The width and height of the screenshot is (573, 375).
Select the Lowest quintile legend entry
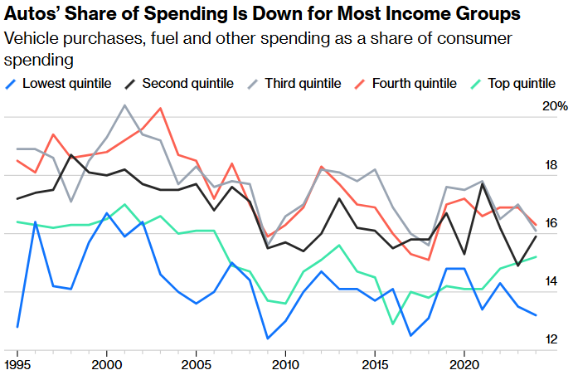[x=55, y=83]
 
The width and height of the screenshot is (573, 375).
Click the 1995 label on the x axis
[x=17, y=364]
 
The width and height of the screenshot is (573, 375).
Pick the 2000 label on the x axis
[x=106, y=364]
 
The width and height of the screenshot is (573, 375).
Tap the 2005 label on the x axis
[x=196, y=364]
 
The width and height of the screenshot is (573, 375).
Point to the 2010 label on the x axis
[x=285, y=364]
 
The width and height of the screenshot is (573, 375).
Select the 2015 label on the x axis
[x=375, y=364]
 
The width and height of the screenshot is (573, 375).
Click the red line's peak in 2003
[x=160, y=109]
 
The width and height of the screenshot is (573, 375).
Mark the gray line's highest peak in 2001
[x=124, y=105]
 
